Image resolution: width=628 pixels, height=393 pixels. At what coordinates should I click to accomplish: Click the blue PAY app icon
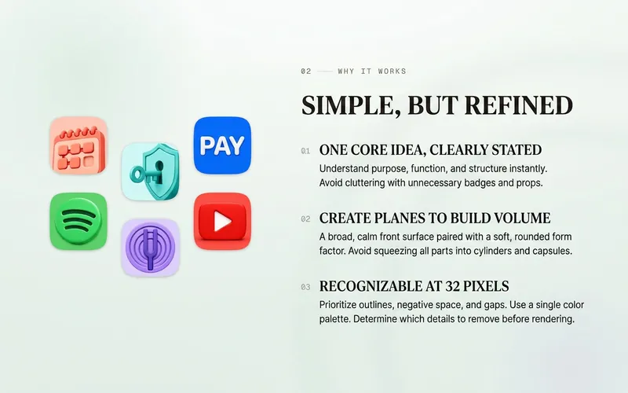(222, 145)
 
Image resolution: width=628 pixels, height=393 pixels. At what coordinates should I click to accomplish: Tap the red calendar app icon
(78, 145)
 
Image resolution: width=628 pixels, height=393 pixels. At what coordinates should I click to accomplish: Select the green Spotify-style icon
(78, 222)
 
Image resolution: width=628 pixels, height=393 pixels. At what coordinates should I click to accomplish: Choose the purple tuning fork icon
(151, 248)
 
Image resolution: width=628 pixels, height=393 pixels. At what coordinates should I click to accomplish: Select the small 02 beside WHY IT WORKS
(306, 72)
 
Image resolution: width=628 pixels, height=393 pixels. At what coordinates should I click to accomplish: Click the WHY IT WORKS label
(372, 72)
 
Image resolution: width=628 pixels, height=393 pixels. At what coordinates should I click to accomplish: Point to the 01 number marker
(305, 151)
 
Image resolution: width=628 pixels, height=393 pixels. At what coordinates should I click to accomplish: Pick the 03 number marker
(305, 287)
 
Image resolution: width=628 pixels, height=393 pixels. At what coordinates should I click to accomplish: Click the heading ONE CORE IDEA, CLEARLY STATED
(430, 150)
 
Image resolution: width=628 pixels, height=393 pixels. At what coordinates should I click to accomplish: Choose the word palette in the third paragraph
(335, 319)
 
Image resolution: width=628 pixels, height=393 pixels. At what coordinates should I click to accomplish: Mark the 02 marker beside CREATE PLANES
(305, 219)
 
